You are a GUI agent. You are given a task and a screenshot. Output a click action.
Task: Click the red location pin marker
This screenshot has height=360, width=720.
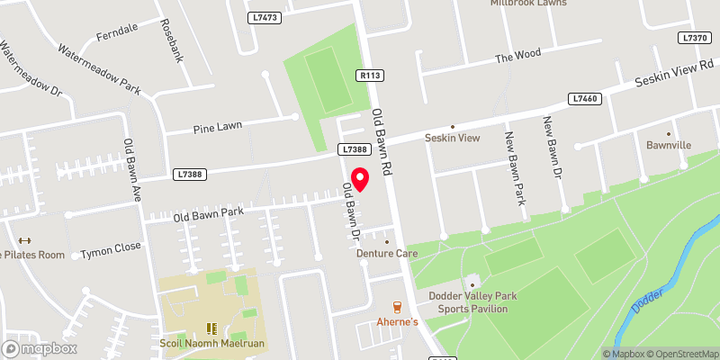click(360, 178)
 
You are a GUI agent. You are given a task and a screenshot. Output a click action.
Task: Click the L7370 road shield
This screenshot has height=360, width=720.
click(696, 38)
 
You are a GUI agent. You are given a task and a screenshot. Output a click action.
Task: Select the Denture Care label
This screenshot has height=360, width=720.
click(388, 254)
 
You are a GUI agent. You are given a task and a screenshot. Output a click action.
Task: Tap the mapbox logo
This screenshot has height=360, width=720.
click(40, 348)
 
